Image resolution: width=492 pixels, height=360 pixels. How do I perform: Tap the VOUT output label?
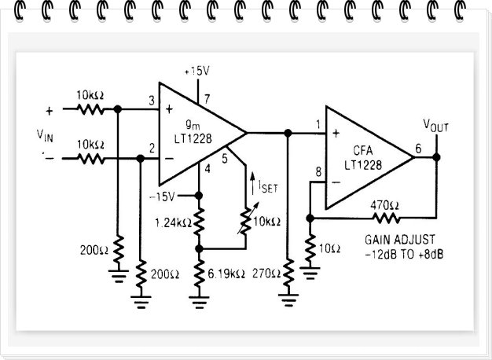(438, 126)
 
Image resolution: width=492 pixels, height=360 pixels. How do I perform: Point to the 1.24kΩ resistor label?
(171, 222)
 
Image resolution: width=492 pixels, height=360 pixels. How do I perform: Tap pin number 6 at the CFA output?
(417, 147)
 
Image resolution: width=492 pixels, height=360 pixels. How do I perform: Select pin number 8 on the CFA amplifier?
(318, 172)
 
